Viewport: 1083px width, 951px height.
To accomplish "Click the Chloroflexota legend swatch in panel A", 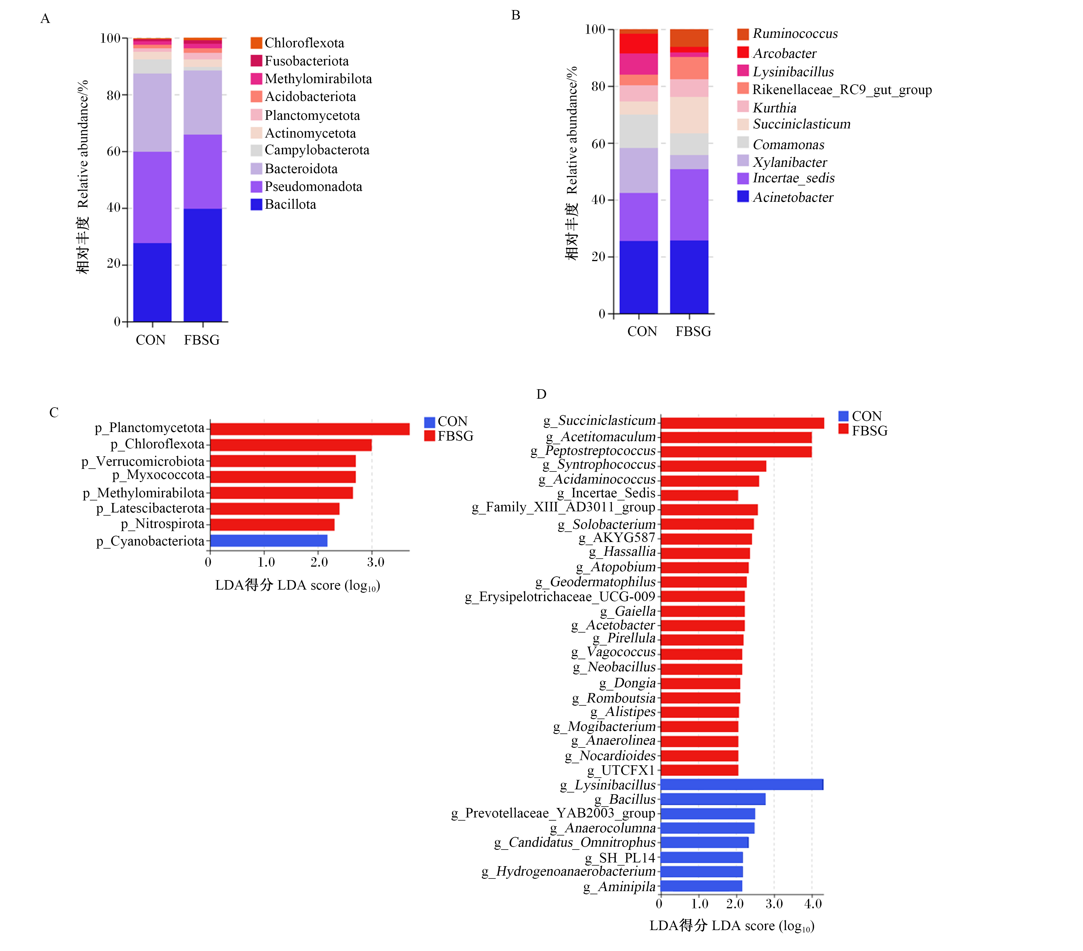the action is click(256, 43).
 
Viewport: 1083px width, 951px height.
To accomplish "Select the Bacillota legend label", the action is click(290, 205).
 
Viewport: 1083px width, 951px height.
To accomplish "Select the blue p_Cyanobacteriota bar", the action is click(269, 541).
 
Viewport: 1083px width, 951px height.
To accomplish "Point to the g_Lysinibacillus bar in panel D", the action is click(742, 784).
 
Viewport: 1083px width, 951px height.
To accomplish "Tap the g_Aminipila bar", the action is click(701, 886).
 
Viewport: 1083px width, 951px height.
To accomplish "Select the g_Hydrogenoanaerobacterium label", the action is click(568, 872).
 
